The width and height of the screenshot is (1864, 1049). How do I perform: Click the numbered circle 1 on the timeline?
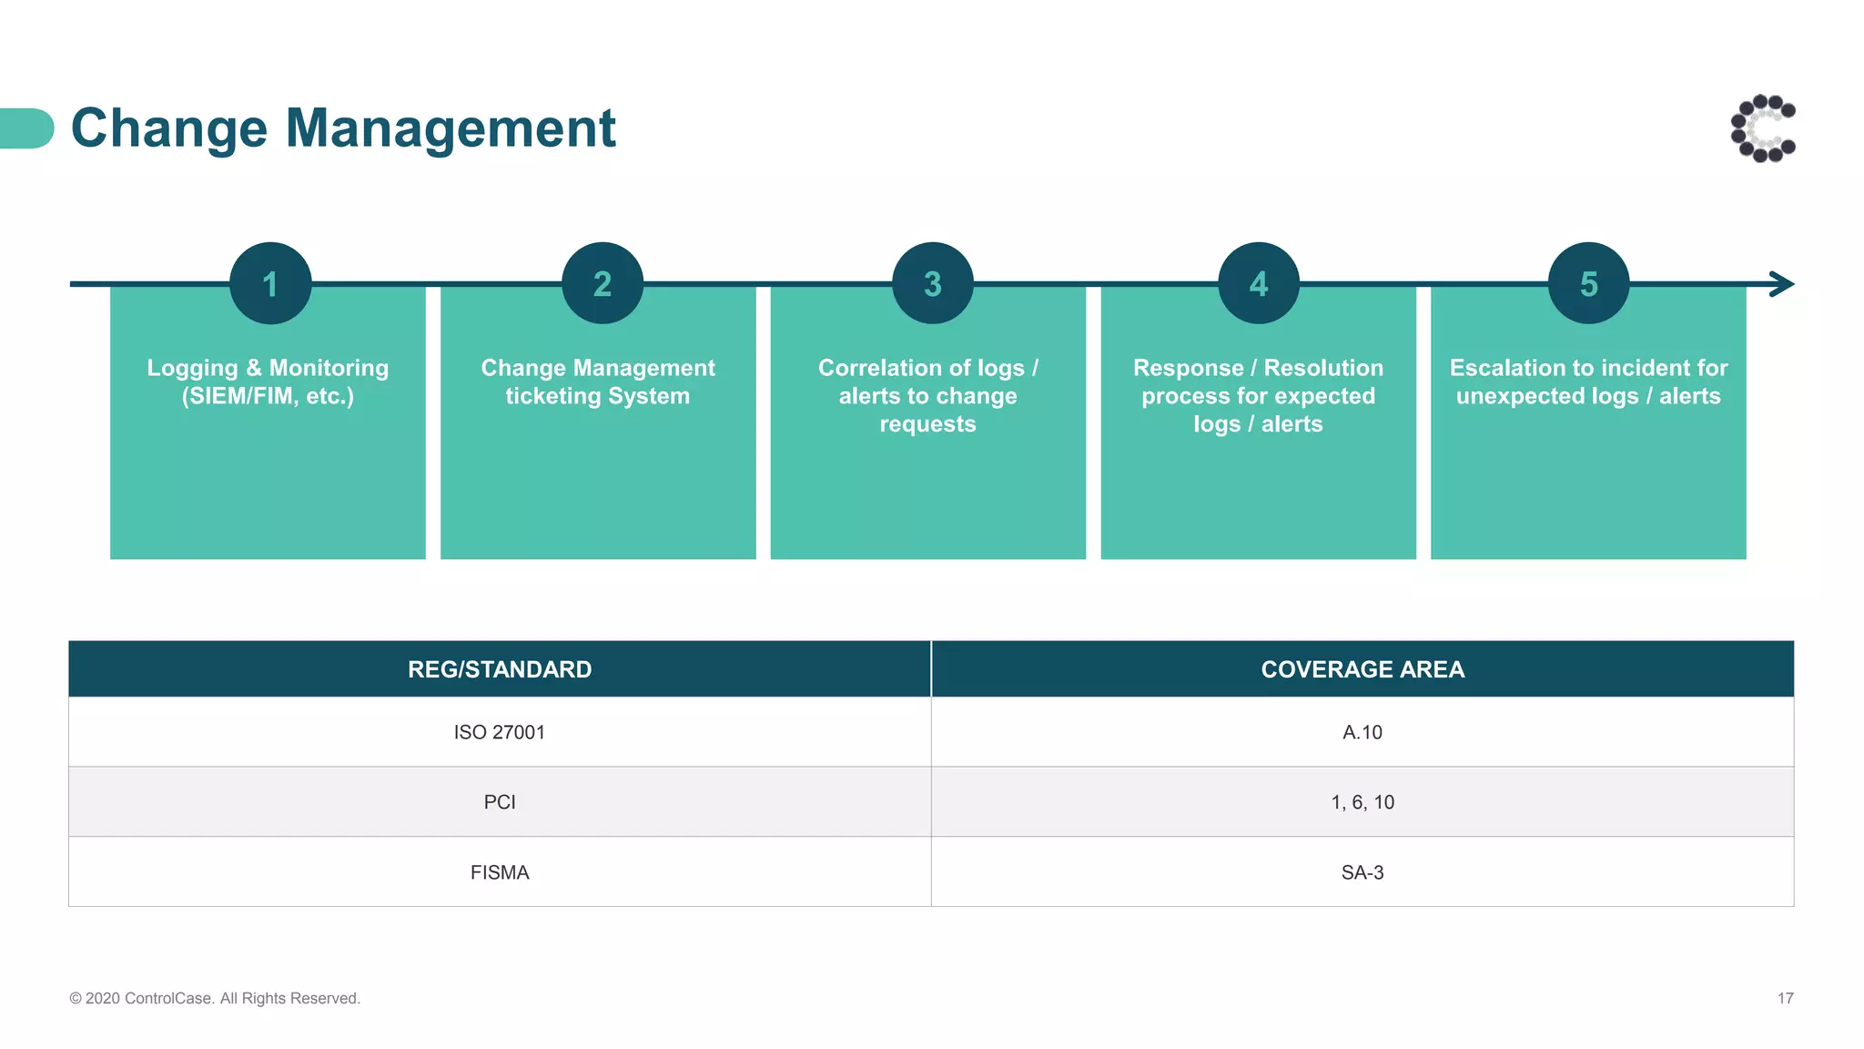270,283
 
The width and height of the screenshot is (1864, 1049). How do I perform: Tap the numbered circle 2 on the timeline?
603,283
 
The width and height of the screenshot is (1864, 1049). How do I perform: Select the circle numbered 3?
933,283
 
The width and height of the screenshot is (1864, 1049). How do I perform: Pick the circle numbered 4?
1259,283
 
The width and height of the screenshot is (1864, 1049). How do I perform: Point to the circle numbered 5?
1589,283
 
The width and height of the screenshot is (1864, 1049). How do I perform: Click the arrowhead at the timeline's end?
1782,284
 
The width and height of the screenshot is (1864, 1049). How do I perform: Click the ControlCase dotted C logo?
1763,128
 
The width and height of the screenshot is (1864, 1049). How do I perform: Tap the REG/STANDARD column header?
500,669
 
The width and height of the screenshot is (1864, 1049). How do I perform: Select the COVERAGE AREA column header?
1363,669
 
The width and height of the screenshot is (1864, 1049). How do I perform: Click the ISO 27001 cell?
500,732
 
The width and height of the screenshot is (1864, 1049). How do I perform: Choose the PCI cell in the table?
500,802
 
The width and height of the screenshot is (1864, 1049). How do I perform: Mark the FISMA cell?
500,872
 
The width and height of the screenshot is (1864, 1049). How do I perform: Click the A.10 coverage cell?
1363,732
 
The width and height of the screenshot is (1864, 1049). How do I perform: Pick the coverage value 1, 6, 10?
1363,802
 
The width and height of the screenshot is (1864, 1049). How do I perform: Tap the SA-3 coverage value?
1363,872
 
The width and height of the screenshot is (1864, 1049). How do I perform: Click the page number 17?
1786,999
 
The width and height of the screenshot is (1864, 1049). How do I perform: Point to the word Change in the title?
168,127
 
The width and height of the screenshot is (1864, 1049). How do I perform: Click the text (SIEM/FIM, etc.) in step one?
268,396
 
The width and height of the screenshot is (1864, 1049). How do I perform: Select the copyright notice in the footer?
215,999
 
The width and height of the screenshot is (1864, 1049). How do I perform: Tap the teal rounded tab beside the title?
26,128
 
